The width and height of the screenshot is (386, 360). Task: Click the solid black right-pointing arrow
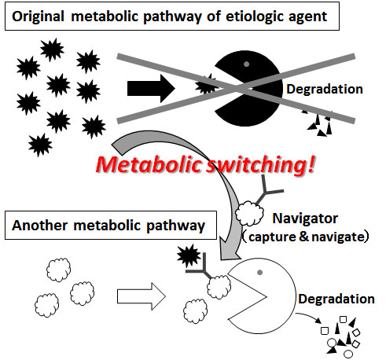coord(151,89)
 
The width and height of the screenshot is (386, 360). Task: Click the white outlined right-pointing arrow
coord(141,296)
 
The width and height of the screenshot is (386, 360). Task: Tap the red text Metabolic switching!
coord(205,165)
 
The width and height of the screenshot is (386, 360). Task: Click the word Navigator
coord(305,219)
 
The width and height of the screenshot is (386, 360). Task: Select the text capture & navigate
coord(306,237)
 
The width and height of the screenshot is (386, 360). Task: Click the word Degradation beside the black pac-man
coord(325,89)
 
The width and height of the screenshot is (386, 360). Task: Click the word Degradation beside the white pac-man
coord(336,299)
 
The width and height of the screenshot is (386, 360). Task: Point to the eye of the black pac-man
coord(246,64)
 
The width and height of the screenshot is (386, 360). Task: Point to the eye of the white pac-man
coord(259,273)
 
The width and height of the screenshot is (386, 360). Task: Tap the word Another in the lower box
coord(40,226)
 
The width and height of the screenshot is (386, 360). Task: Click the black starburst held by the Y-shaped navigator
coord(189,255)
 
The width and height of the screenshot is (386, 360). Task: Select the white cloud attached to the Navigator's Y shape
coord(249,213)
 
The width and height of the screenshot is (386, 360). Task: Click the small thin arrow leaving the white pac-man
coord(309,316)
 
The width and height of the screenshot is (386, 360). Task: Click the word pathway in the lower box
coord(175,226)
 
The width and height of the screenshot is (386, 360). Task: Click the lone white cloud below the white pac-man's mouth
coord(196,311)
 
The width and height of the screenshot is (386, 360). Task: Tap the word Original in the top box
coord(39,17)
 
